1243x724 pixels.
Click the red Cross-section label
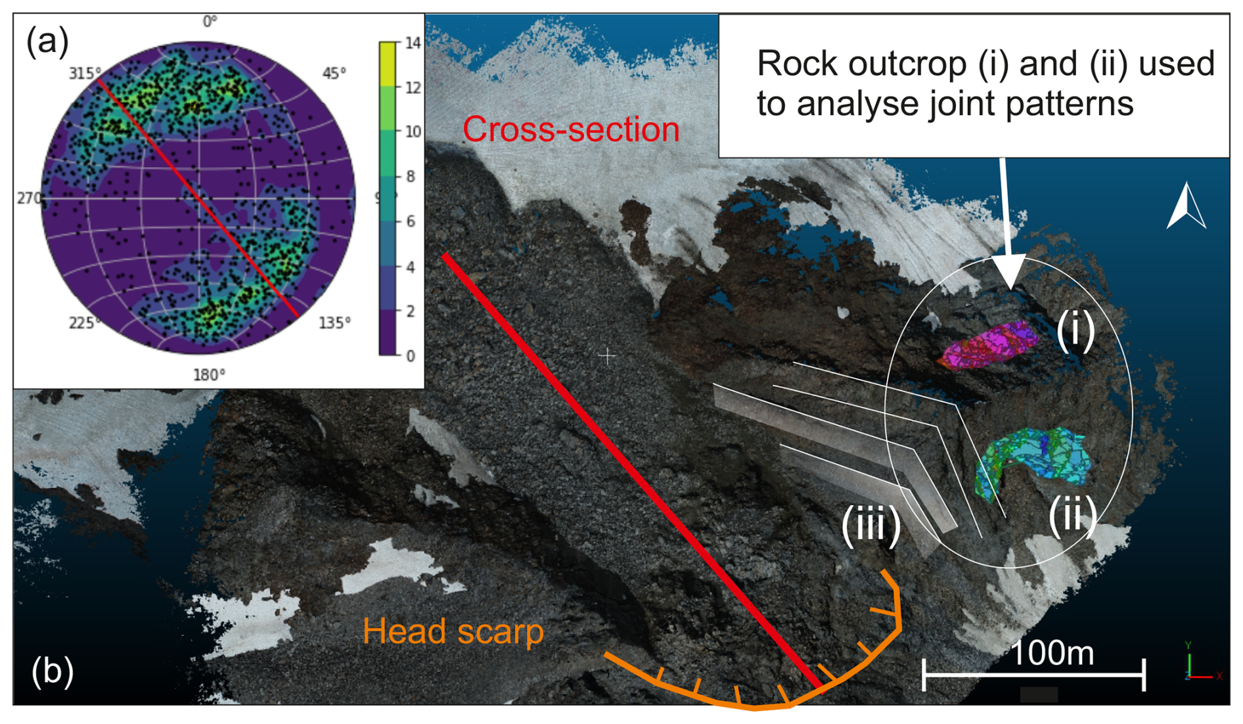571,129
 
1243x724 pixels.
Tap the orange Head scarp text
453,631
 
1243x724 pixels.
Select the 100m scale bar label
1052,654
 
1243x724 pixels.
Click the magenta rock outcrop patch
989,344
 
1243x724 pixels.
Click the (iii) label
871,525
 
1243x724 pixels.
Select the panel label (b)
53,671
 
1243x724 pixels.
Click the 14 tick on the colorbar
413,43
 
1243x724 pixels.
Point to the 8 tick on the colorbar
411,176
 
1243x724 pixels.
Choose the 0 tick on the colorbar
411,356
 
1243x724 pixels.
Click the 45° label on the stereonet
334,74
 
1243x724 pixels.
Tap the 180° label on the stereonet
209,375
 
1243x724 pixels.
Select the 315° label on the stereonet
85,74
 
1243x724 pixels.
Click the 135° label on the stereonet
334,323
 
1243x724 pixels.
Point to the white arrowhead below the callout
1008,271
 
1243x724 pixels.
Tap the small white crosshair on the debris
607,357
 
